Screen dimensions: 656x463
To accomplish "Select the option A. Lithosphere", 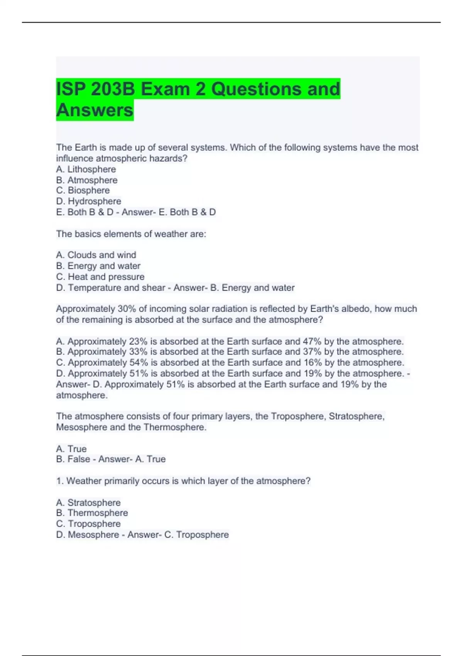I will [86, 169].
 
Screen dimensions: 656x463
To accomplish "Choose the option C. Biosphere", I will [83, 191].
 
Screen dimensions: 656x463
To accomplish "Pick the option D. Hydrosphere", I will [88, 201].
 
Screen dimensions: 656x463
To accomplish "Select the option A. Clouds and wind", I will [96, 255].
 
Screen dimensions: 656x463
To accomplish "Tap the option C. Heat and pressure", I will [100, 277].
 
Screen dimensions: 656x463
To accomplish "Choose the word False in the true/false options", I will [79, 459].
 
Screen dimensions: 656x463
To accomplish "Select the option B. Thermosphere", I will [92, 513].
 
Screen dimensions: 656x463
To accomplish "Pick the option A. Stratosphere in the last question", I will [88, 503].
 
